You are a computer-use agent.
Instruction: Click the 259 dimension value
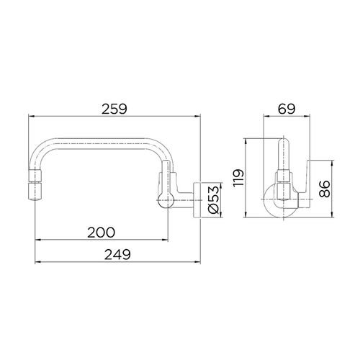click(x=114, y=109)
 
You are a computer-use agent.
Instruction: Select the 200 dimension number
click(x=102, y=232)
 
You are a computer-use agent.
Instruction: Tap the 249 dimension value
click(x=117, y=254)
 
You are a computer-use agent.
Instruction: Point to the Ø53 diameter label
click(x=214, y=199)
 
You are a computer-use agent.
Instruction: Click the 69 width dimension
click(x=287, y=109)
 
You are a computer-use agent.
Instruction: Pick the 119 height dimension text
click(x=238, y=178)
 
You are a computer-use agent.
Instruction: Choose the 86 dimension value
click(x=325, y=189)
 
